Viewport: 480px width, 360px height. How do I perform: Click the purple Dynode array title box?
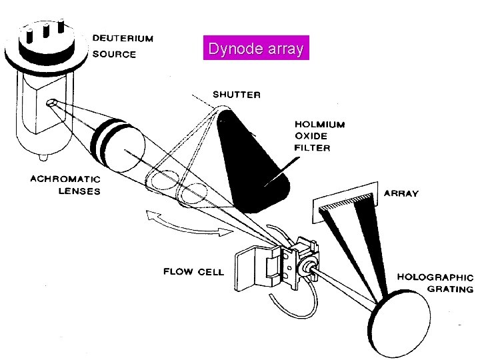click(256, 49)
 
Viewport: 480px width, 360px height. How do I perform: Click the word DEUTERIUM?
click(123, 39)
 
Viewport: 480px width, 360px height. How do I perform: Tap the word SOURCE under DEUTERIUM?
click(113, 55)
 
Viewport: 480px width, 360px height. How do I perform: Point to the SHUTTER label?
click(237, 95)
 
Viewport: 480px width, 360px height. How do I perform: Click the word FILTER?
click(312, 147)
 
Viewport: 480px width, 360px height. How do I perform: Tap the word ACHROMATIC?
click(65, 179)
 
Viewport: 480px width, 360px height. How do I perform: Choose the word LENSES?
click(77, 191)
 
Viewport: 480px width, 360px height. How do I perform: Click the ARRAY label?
click(402, 193)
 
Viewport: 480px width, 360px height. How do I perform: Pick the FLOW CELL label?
click(193, 271)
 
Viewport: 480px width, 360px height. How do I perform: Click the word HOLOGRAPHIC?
click(435, 277)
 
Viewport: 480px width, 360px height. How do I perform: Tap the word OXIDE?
click(311, 136)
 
